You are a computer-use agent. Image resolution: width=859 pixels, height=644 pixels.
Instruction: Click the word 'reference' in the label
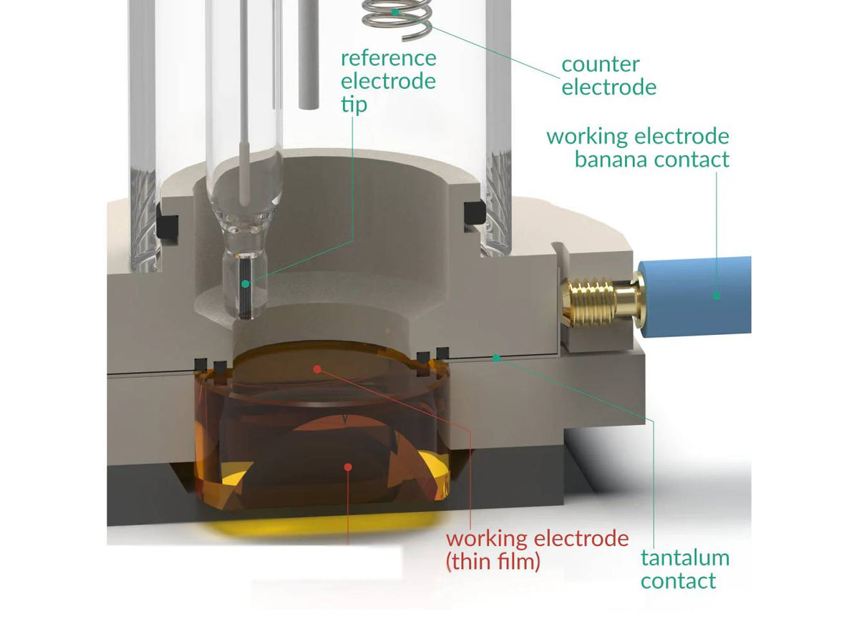tap(388, 57)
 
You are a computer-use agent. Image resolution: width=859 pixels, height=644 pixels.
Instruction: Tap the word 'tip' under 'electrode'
tap(354, 104)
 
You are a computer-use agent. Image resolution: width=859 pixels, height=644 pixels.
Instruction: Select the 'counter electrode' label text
tap(608, 75)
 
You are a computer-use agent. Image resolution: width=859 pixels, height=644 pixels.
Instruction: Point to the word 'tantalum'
tap(684, 557)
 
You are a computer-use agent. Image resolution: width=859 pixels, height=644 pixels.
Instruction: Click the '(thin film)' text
tap(492, 562)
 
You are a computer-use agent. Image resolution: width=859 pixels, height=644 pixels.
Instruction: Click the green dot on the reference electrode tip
tap(246, 284)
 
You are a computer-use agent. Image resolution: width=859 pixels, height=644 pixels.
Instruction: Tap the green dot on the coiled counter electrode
tap(394, 11)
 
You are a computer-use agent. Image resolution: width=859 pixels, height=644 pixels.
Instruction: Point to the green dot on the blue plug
tap(716, 296)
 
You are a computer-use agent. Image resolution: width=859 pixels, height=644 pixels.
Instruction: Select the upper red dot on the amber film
tap(317, 369)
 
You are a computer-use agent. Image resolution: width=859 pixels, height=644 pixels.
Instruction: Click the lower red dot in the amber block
tap(347, 467)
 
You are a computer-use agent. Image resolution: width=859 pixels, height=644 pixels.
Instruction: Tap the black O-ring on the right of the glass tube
tap(472, 210)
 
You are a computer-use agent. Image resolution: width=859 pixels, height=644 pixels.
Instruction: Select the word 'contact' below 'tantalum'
tap(678, 580)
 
